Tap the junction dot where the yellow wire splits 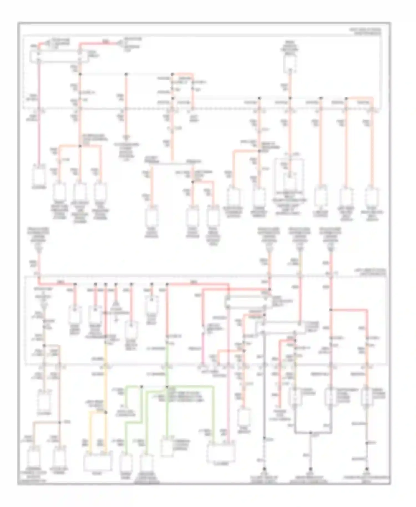tap(105, 412)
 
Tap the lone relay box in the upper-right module tap(290, 63)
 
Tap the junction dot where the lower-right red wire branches tap(331, 310)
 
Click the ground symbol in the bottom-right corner tap(367, 469)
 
